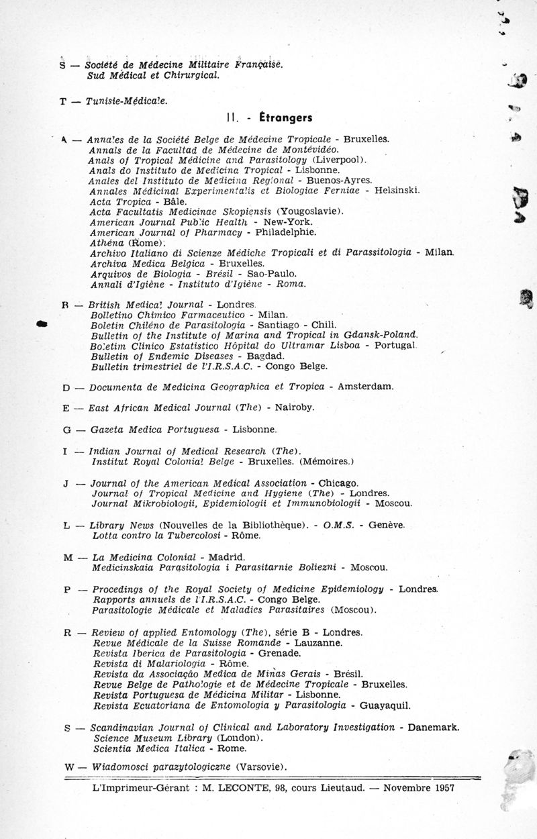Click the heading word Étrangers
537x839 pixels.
pyautogui.click(x=285, y=118)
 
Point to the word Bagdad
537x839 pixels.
pyautogui.click(x=265, y=355)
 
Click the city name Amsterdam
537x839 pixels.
pyautogui.click(x=366, y=387)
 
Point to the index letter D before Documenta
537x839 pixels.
pyautogui.click(x=66, y=387)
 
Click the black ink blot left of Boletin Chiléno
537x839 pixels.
pyautogui.click(x=42, y=324)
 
